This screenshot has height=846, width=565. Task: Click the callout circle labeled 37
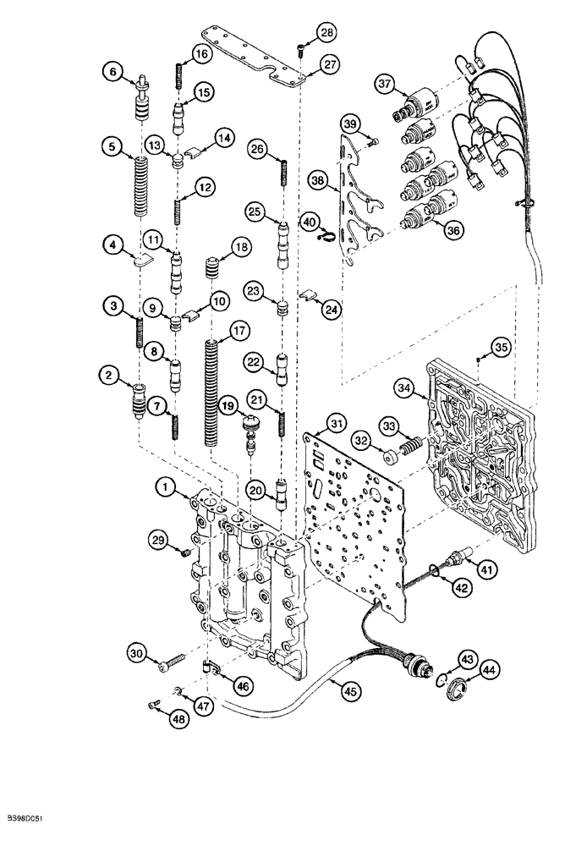(x=386, y=85)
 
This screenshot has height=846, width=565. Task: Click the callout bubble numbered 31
(x=337, y=423)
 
